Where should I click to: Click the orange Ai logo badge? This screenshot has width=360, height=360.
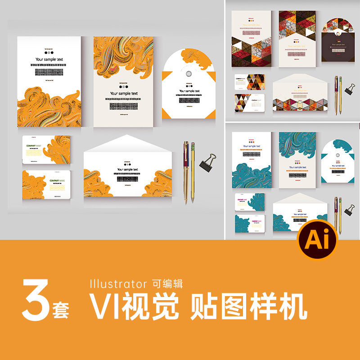[317, 240]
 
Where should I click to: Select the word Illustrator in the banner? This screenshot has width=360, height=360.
[118, 283]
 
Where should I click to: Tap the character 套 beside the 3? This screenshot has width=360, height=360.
[63, 311]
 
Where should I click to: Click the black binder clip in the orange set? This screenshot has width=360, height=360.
[208, 162]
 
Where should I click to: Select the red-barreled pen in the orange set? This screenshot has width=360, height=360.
[186, 171]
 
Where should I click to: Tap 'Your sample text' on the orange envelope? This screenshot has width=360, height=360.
[126, 170]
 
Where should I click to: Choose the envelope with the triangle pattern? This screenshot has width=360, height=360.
[300, 93]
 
